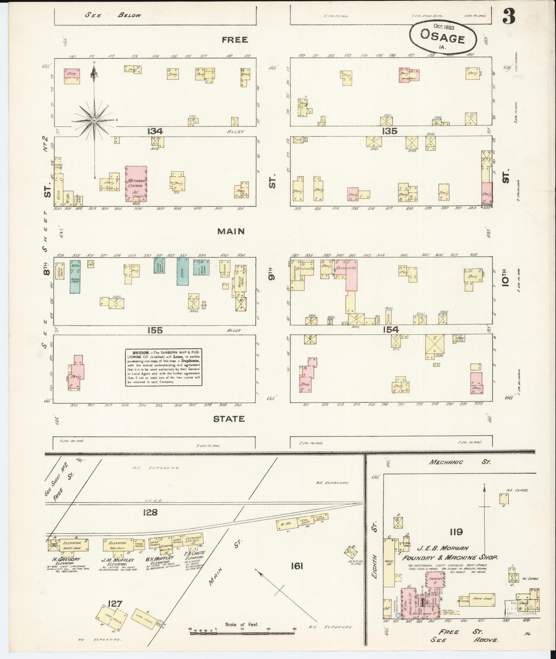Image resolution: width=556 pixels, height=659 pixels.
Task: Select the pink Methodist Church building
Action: click(136, 184)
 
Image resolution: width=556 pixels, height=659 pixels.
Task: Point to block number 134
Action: click(155, 131)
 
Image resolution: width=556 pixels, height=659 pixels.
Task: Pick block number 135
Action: click(389, 131)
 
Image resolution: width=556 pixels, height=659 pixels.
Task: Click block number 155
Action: click(155, 330)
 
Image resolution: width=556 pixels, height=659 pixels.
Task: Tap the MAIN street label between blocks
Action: click(231, 231)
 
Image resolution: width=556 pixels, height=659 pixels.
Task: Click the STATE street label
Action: click(229, 419)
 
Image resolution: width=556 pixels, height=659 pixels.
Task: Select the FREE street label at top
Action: click(234, 40)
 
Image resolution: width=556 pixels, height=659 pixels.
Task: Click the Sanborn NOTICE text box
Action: click(164, 367)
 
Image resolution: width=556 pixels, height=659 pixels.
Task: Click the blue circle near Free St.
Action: click(398, 615)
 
